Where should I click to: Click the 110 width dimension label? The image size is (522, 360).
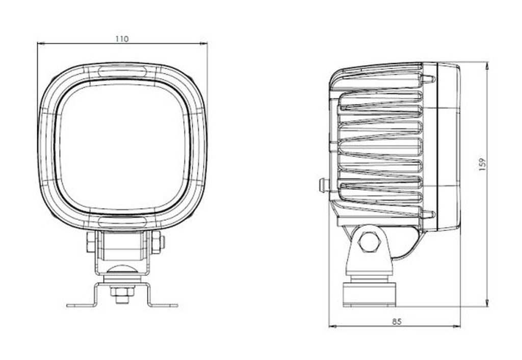click(122, 39)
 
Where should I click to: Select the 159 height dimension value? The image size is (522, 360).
click(482, 165)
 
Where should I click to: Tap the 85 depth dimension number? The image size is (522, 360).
click(397, 322)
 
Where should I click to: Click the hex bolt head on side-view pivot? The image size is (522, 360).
click(369, 242)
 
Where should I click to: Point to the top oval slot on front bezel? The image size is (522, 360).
click(122, 71)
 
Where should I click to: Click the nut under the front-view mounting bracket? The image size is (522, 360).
click(122, 292)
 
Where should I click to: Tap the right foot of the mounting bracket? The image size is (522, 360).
click(163, 305)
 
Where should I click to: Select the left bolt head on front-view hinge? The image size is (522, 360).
click(91, 242)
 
